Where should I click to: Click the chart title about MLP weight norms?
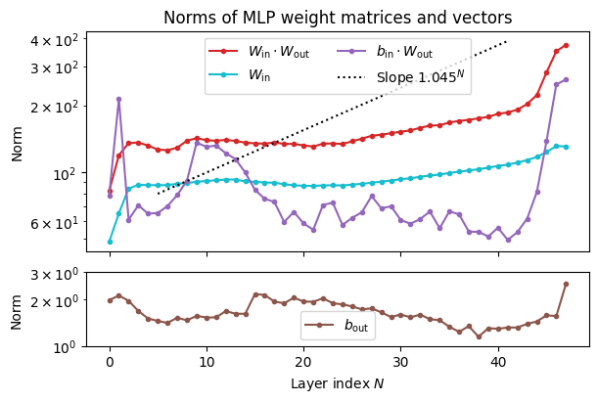tap(337, 17)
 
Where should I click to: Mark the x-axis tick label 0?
tap(110, 363)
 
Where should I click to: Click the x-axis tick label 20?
tap(303, 363)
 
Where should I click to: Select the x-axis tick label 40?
tap(498, 363)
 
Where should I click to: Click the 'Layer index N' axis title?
tap(337, 383)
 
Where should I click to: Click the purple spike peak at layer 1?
tap(118, 99)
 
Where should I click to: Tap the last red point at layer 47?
tap(566, 44)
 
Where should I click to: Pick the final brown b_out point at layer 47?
tap(566, 284)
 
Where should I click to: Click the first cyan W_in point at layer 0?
tap(110, 242)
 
